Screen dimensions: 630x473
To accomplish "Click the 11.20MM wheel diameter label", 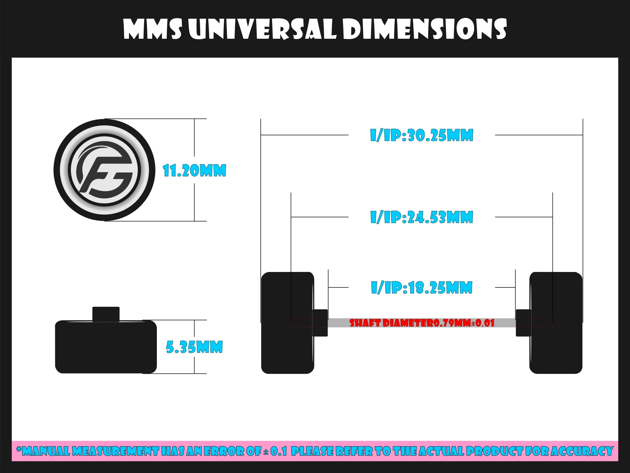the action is (195, 171).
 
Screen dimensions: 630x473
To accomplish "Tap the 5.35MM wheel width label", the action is (194, 347).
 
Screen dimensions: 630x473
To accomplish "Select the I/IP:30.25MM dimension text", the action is (422, 135).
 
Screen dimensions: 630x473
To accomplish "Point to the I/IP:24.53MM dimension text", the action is (422, 217).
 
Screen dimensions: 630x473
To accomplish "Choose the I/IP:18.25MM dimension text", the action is (422, 287).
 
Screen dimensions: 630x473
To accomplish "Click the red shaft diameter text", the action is (422, 323).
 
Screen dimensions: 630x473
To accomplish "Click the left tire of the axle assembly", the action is (287, 323).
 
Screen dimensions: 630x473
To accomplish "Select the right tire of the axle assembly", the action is (556, 323).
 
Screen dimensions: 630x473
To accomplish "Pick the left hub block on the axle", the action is (320, 323).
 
